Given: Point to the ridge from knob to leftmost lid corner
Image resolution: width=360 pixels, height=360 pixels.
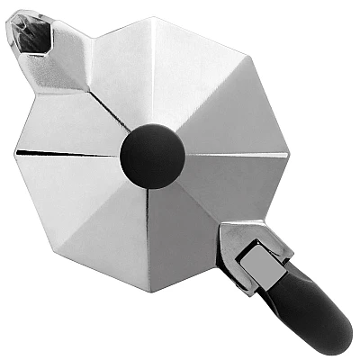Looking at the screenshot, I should [x=72, y=156].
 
